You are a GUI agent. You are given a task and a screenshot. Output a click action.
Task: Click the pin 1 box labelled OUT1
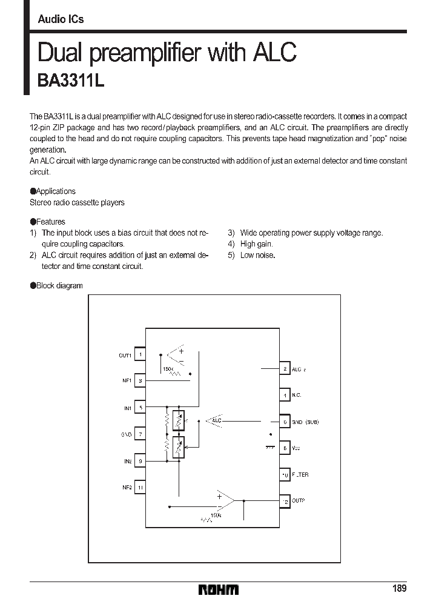point(140,354)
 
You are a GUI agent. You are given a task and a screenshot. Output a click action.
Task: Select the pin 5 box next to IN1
point(140,408)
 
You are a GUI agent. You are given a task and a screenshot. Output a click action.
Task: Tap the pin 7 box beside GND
point(140,434)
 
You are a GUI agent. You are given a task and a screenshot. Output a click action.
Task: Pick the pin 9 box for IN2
point(140,461)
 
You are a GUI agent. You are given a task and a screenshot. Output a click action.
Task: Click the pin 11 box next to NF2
point(140,487)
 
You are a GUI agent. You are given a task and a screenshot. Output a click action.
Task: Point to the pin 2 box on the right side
point(284,368)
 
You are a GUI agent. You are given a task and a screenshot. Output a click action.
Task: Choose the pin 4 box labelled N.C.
point(284,395)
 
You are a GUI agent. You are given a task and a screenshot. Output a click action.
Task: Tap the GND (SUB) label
point(305,422)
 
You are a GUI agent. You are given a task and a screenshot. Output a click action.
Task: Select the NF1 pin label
point(127,381)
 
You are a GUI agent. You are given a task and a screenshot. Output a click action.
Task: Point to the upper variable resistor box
point(178,420)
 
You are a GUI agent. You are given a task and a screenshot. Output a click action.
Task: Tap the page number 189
point(399,589)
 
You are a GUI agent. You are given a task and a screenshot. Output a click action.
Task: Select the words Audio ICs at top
point(61,19)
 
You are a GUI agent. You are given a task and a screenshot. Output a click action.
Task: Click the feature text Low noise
point(257,255)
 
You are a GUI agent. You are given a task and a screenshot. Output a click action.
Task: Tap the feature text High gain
point(257,244)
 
